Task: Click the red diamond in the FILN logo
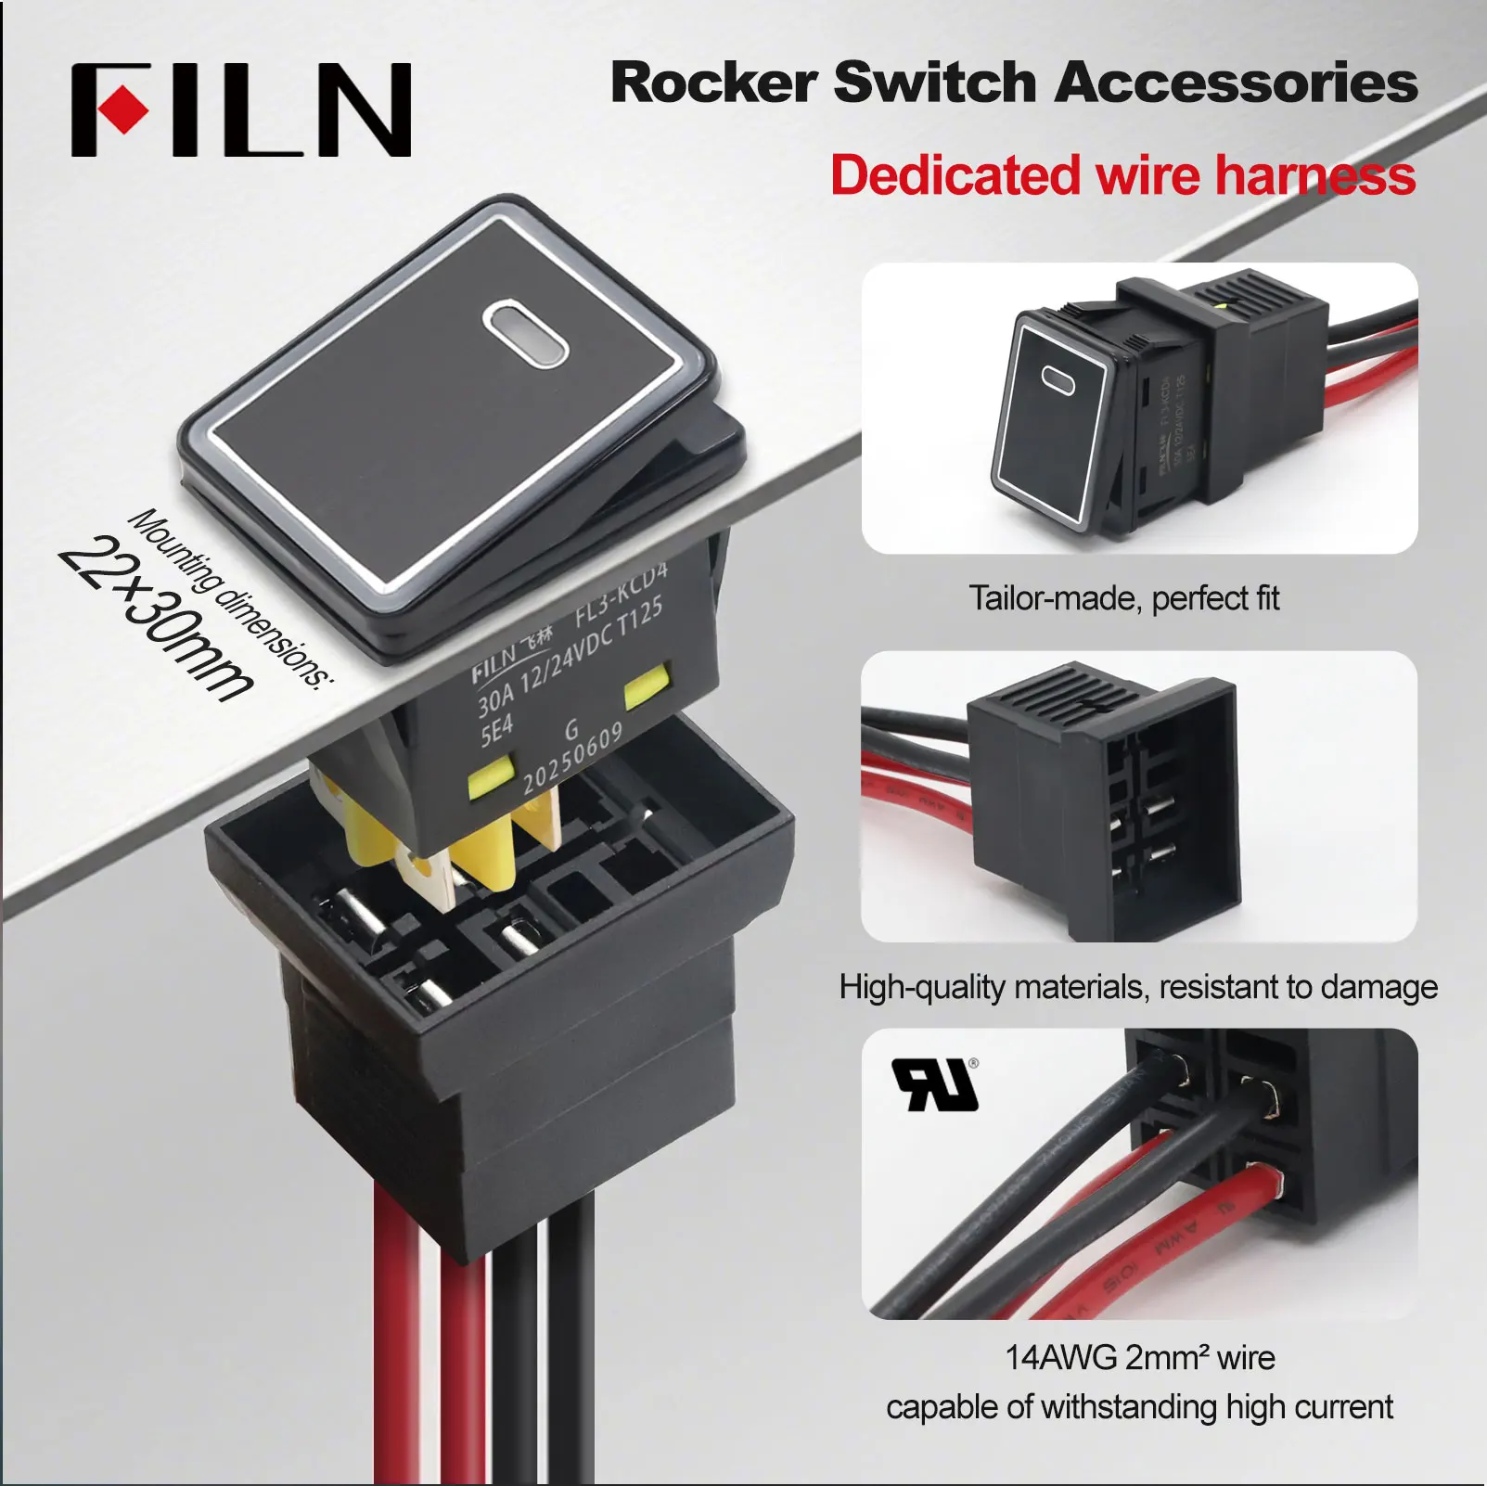(122, 110)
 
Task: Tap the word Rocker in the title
(712, 83)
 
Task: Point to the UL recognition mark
(935, 1084)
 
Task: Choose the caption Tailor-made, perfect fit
(1123, 598)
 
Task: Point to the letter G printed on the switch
(571, 730)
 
